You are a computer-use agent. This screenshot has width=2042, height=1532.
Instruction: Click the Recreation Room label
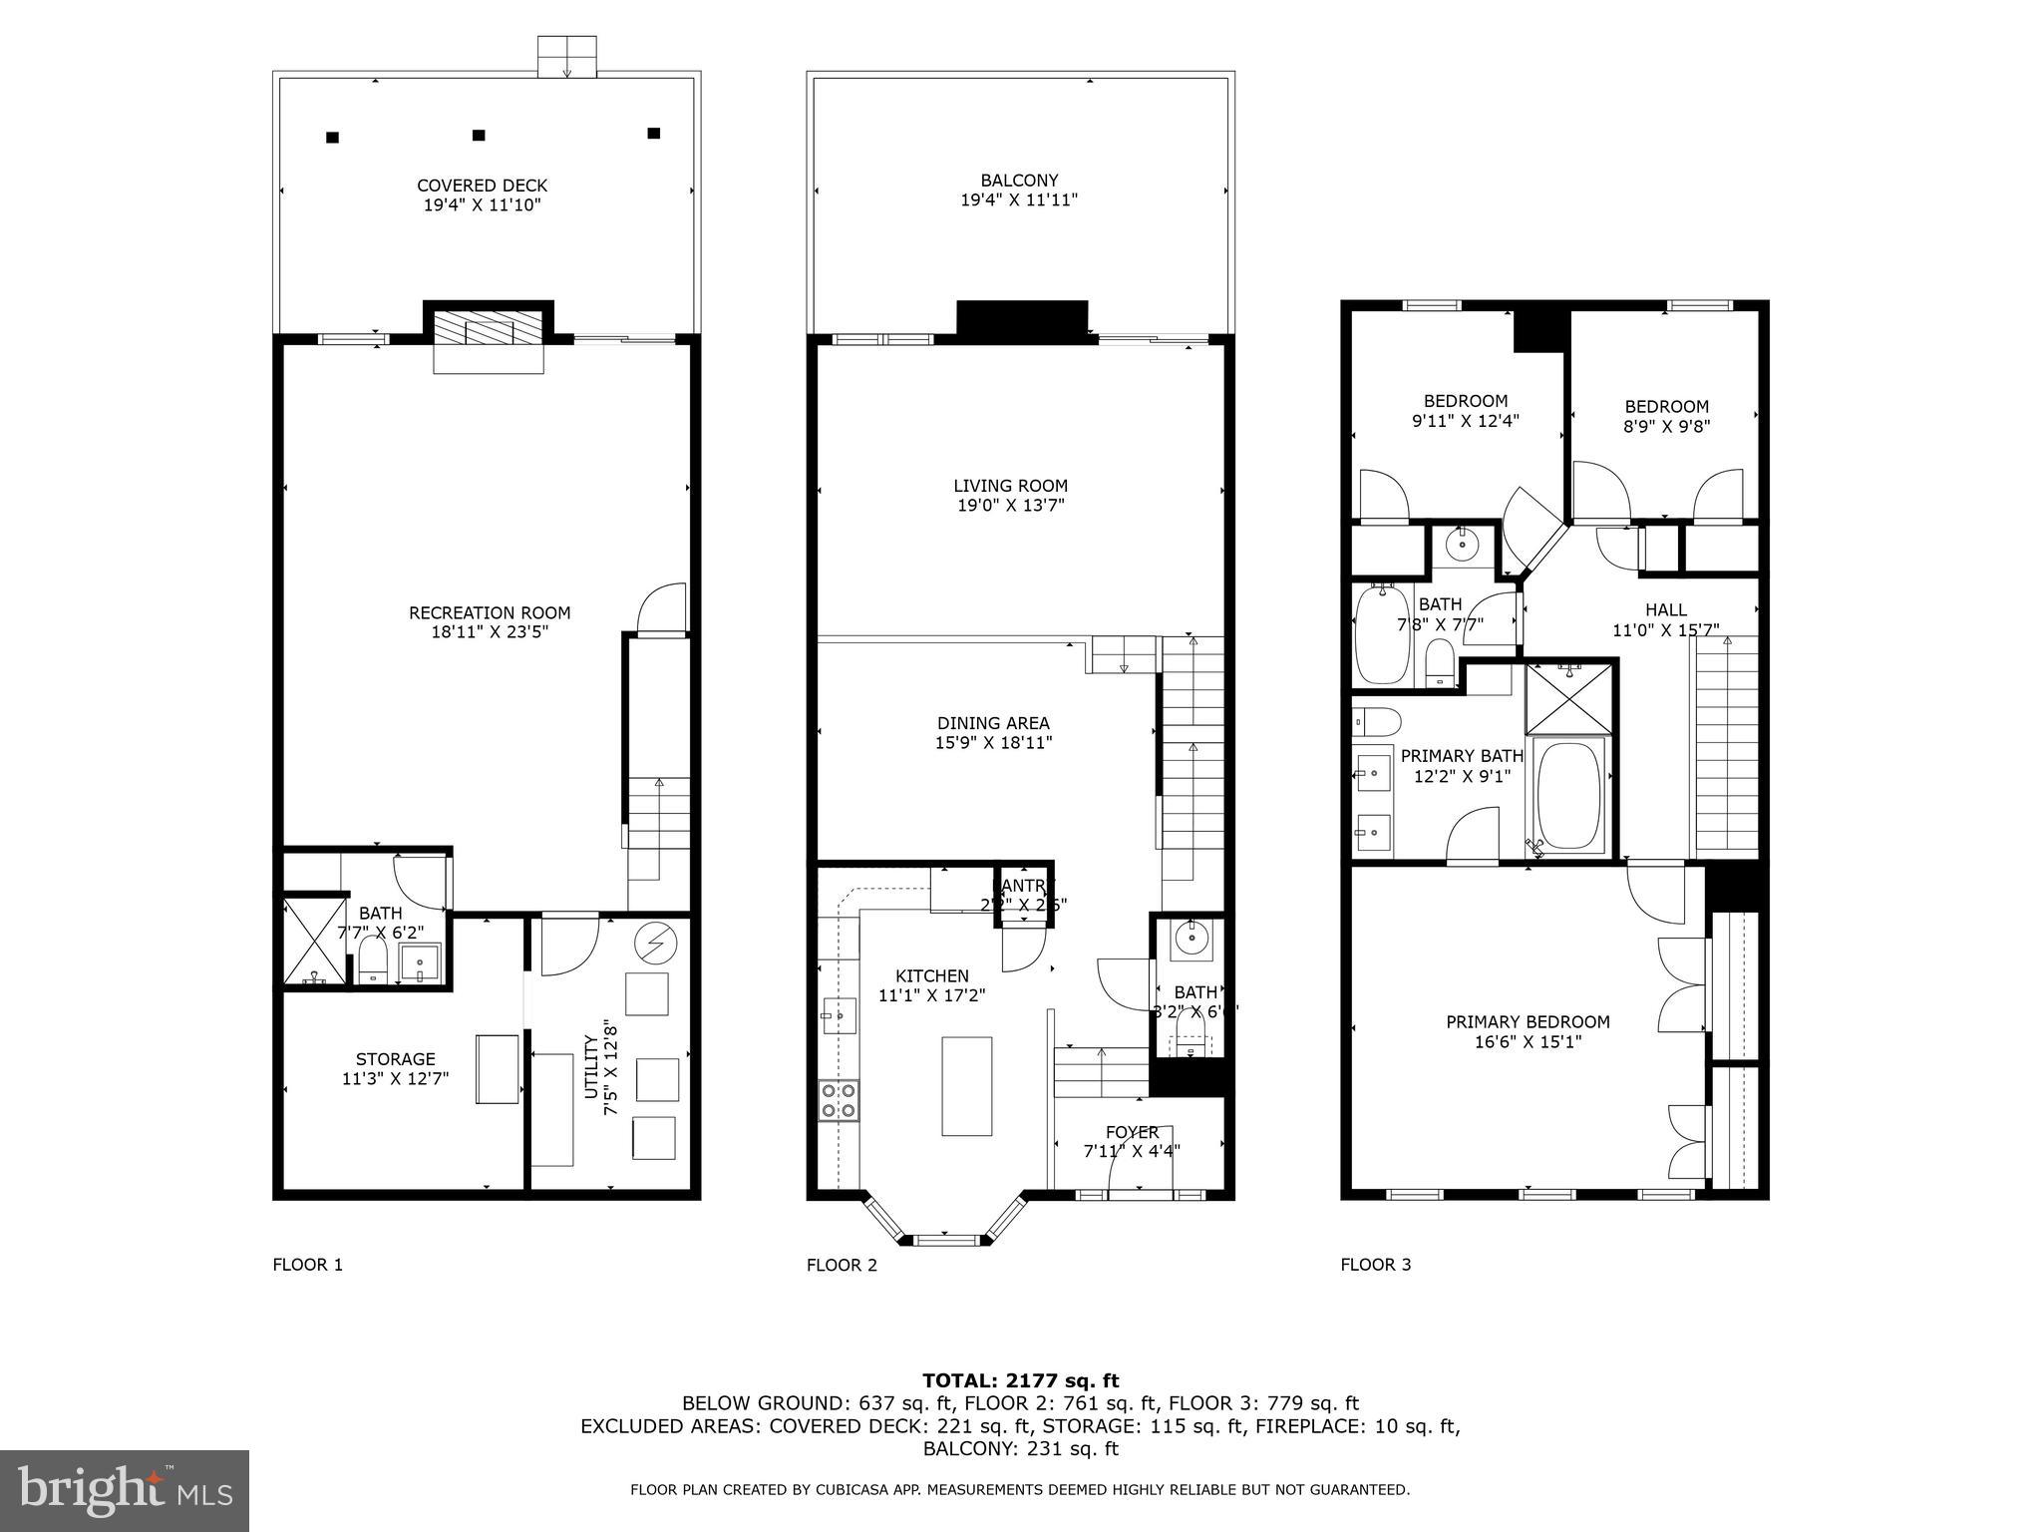490,612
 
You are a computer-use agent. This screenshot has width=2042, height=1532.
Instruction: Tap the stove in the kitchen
839,1100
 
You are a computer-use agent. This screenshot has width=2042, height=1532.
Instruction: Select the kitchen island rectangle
966,1086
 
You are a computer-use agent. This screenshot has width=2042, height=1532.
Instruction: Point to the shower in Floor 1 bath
313,943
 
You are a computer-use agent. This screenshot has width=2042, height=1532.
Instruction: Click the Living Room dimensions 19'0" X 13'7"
1010,506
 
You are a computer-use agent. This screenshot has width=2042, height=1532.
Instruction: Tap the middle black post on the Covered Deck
479,135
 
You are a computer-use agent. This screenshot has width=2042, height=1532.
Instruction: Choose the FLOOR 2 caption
842,1265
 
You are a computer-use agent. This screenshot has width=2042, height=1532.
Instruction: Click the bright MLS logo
125,1490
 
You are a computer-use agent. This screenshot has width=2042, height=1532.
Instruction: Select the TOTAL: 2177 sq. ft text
1020,1380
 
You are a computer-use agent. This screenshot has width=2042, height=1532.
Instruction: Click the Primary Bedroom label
1528,1021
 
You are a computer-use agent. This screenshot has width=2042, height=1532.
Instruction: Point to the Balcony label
1019,181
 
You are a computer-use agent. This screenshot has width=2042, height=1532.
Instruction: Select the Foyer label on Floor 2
1132,1132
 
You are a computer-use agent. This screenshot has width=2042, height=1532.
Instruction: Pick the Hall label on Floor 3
1665,609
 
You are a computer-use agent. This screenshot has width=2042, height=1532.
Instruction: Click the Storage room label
396,1059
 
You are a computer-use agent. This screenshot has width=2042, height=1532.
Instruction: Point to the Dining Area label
993,723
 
